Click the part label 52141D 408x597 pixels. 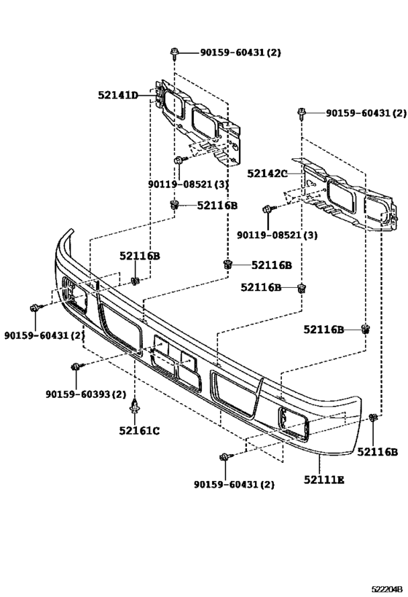point(117,95)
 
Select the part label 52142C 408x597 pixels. point(267,173)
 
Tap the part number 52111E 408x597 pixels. point(323,480)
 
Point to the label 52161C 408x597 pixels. point(139,431)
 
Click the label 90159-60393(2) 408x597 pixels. point(86,394)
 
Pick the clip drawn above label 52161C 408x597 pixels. point(134,407)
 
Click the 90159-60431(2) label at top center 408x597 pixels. point(240,52)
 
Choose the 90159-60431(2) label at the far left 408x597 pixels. point(44,335)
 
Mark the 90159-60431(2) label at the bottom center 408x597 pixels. point(234,485)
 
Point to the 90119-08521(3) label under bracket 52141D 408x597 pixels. point(188,184)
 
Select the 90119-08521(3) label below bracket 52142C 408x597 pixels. point(277,235)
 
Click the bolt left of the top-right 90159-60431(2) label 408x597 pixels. point(302,113)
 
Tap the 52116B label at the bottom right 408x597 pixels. point(377,452)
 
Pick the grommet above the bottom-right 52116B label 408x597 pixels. point(373,417)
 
